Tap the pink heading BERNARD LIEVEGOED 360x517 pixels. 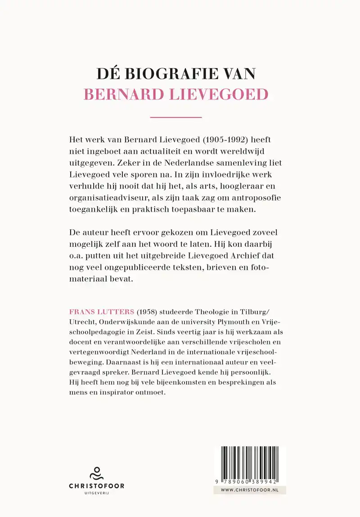(x=176, y=94)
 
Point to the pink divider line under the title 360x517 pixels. (x=175, y=118)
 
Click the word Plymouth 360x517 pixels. (x=249, y=323)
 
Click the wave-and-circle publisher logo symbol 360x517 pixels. (x=96, y=473)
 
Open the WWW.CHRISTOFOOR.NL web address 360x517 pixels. (x=249, y=490)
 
